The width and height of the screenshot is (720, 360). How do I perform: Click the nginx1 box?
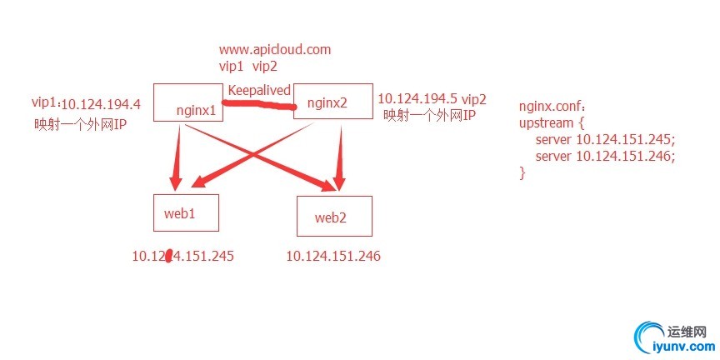click(x=188, y=102)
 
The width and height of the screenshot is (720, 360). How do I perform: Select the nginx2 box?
click(x=332, y=102)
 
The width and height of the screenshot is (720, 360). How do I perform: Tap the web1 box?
click(x=186, y=212)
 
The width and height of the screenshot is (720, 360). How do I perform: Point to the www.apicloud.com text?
click(x=274, y=49)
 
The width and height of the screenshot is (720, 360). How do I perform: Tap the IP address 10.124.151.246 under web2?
click(x=333, y=257)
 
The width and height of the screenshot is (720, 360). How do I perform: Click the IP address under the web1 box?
click(x=182, y=256)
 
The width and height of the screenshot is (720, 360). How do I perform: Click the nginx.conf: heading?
click(x=552, y=107)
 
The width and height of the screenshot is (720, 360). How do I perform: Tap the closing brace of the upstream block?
click(x=522, y=172)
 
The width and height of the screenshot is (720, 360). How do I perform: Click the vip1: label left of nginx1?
click(x=44, y=103)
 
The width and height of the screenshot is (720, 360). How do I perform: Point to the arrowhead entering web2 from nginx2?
click(x=338, y=182)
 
